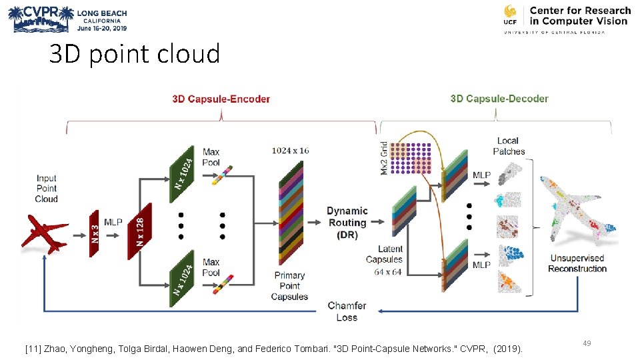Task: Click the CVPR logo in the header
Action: coord(40,19)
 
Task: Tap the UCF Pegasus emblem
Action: coord(510,14)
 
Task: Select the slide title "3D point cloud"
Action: coord(134,54)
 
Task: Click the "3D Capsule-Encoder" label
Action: coord(221,99)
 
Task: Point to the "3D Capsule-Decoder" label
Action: coord(499,99)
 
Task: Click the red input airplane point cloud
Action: coord(46,234)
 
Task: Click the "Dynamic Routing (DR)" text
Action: coord(347,223)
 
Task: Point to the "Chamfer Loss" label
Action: coord(347,311)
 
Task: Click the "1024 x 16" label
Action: coord(290,151)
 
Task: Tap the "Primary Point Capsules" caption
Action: coord(289,286)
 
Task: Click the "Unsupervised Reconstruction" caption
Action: coord(577,263)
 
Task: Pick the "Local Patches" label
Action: coord(508,146)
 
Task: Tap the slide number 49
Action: coord(587,343)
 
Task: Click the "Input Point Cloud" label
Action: coord(47,189)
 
